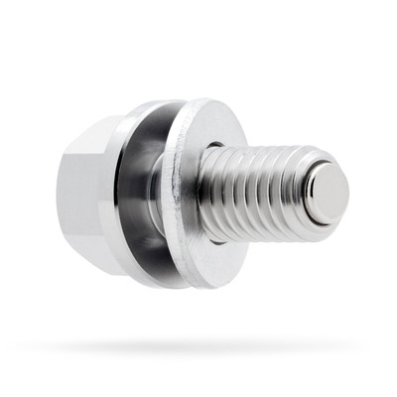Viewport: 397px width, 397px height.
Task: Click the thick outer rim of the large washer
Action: (x=180, y=198)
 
